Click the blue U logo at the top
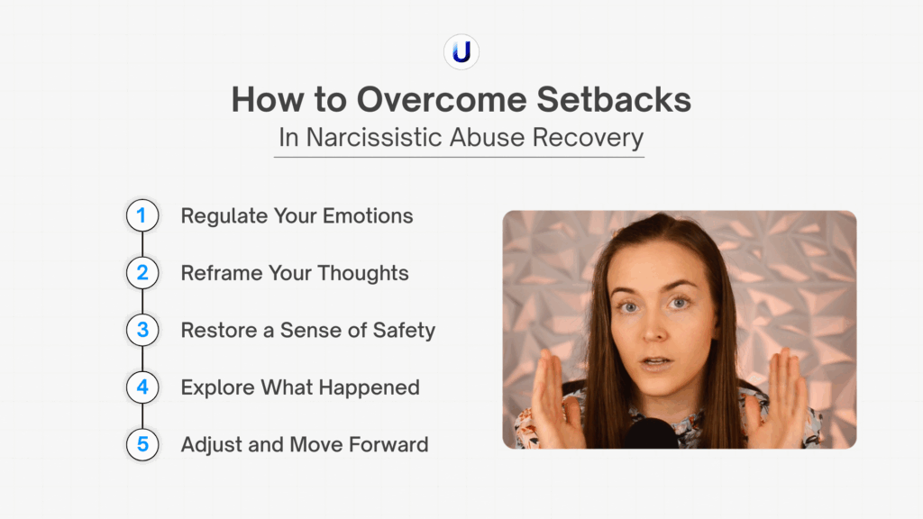click(461, 51)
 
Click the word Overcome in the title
click(442, 99)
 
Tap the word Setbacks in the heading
click(614, 99)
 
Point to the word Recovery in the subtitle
click(588, 138)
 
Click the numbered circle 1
click(142, 215)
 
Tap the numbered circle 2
click(142, 272)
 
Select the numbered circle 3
click(142, 330)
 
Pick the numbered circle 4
click(142, 387)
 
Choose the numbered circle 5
click(142, 444)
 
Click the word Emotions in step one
click(368, 216)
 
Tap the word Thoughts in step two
click(363, 274)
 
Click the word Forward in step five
click(388, 445)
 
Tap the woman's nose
click(654, 331)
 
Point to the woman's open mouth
click(656, 362)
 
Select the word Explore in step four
click(217, 387)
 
